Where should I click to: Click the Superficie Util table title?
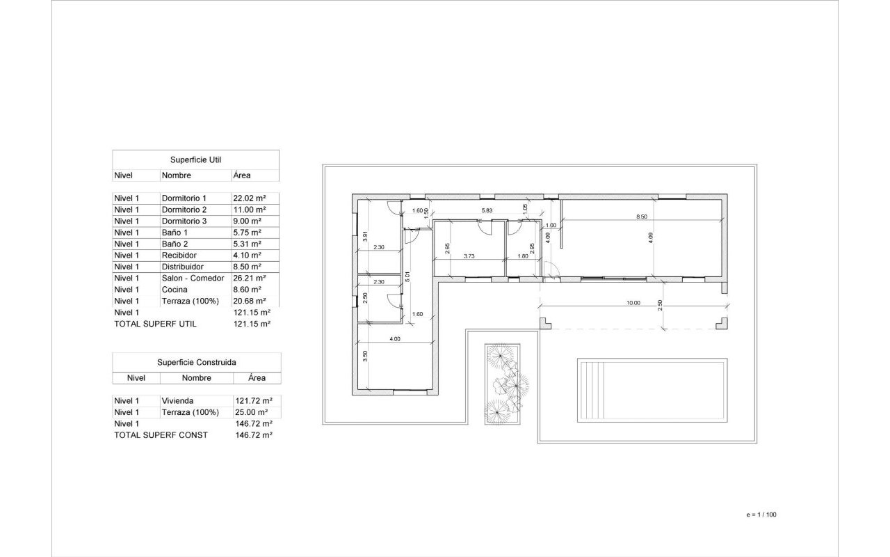coord(195,160)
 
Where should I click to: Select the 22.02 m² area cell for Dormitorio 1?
coord(250,198)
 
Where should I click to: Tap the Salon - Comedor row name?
coord(193,278)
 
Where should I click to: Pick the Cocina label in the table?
coord(175,290)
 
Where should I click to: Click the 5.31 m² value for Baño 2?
coord(247,244)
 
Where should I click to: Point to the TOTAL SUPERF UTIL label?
coord(155,324)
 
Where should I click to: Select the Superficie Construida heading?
coord(197,363)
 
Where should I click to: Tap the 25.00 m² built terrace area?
coord(252,412)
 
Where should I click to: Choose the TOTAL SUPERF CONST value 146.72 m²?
coord(254,435)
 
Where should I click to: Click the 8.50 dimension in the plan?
coord(642,217)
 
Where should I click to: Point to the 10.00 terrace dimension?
coord(633,303)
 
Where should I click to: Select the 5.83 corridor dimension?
coord(487,210)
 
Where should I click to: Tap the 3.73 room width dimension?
coord(469,256)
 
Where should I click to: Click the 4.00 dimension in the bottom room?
coord(395,339)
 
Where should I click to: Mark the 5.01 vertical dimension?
coord(407,277)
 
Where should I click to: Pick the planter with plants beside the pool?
coord(502,384)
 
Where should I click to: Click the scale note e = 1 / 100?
coord(761,515)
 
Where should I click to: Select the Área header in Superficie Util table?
coord(242,175)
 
